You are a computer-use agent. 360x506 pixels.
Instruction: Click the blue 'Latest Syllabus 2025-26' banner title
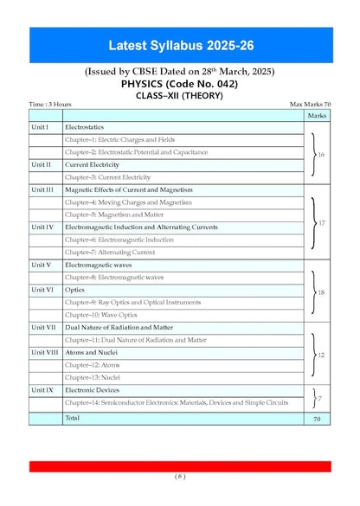pyautogui.click(x=180, y=45)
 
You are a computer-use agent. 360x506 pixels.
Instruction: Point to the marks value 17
pyautogui.click(x=320, y=222)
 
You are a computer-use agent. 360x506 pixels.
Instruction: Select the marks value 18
pyautogui.click(x=320, y=293)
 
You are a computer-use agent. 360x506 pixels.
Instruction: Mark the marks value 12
pyautogui.click(x=321, y=355)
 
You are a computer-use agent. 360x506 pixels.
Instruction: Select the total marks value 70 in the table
pyautogui.click(x=317, y=418)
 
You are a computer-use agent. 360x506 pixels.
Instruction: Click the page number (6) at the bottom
pyautogui.click(x=180, y=476)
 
